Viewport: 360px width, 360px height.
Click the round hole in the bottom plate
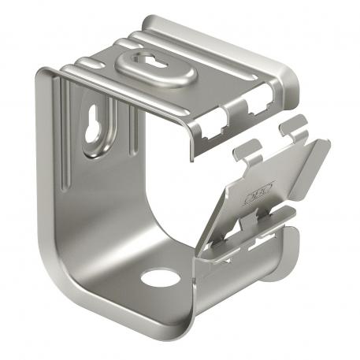(160, 278)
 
